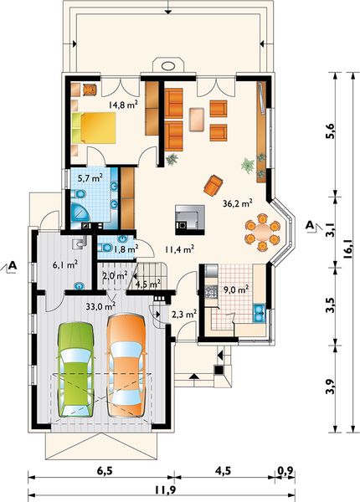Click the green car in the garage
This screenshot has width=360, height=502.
tap(75, 370)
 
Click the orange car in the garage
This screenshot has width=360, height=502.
tap(126, 366)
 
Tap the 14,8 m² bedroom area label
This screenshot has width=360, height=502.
tap(123, 105)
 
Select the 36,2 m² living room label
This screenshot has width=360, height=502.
tap(237, 203)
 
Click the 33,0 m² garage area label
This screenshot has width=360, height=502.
tap(101, 306)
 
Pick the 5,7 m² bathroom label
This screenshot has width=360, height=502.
tap(91, 177)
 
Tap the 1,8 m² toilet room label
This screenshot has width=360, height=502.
tap(126, 248)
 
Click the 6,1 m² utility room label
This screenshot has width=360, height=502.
tap(66, 264)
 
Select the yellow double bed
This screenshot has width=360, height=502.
tap(94, 128)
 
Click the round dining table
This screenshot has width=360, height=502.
tap(262, 232)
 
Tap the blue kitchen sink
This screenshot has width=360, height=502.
tap(259, 313)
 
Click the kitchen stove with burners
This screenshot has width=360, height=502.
tap(211, 290)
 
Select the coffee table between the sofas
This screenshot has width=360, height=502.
tap(197, 120)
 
